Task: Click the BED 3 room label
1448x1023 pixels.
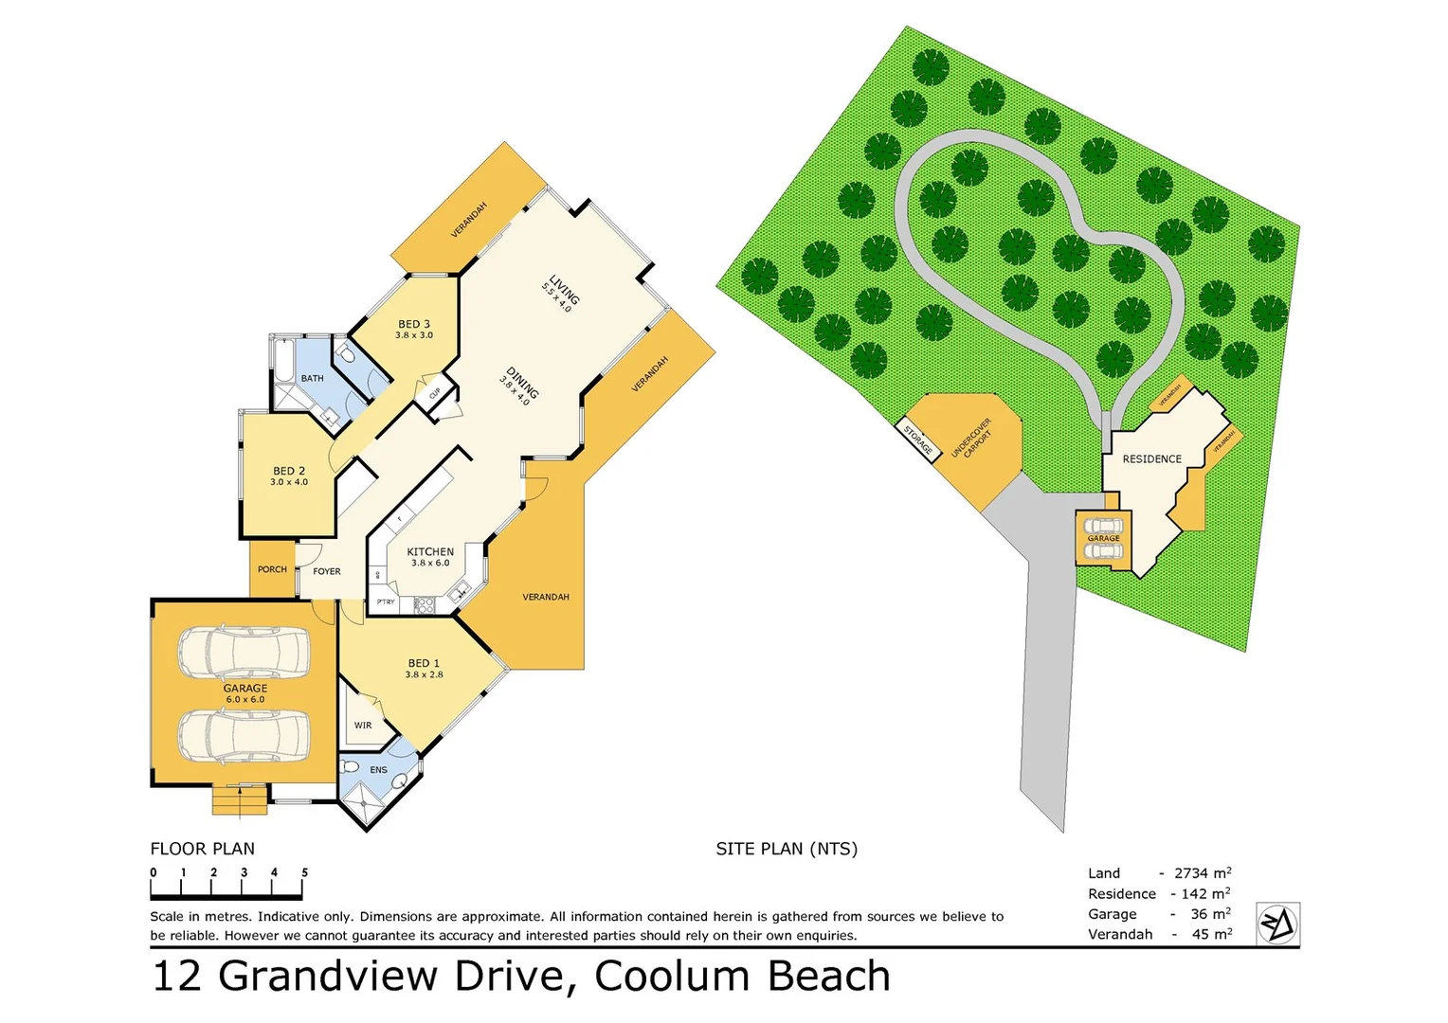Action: pyautogui.click(x=414, y=325)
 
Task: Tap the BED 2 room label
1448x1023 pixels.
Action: pyautogui.click(x=289, y=471)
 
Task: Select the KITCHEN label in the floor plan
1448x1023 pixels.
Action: pyautogui.click(x=430, y=551)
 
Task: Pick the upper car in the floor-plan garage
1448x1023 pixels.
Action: pyautogui.click(x=244, y=652)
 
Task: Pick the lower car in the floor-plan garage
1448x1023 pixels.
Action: pyautogui.click(x=244, y=736)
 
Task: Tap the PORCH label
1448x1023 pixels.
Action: pyautogui.click(x=272, y=569)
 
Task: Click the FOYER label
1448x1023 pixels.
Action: pyautogui.click(x=327, y=571)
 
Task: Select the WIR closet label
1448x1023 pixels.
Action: pyautogui.click(x=363, y=726)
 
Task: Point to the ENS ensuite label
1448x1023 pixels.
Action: pyautogui.click(x=378, y=770)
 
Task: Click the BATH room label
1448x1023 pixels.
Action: pyautogui.click(x=312, y=378)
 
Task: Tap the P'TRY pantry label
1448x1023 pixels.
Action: pyautogui.click(x=386, y=602)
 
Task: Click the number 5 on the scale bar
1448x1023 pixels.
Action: pyautogui.click(x=304, y=872)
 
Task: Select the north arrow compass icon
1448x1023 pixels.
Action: pyautogui.click(x=1277, y=924)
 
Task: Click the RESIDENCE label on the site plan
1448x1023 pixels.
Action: pyautogui.click(x=1151, y=459)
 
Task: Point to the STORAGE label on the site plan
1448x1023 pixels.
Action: pyautogui.click(x=917, y=440)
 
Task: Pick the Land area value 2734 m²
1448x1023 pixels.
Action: pyautogui.click(x=1202, y=873)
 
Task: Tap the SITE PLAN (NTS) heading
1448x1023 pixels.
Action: pyautogui.click(x=787, y=849)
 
